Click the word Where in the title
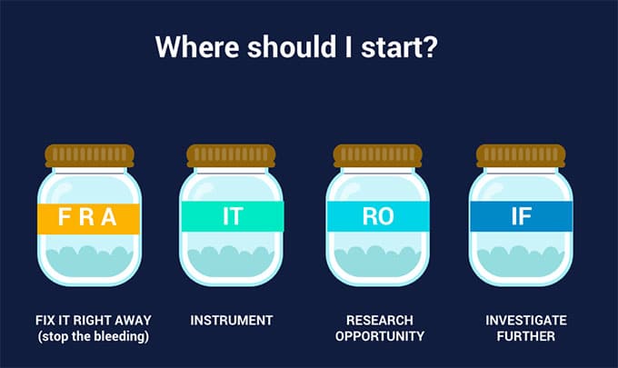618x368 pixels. tap(197, 47)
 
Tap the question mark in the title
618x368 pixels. tap(429, 47)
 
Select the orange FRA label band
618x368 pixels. tap(89, 219)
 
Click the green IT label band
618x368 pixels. tap(232, 216)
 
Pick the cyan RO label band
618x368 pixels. tap(378, 216)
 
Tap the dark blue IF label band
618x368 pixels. tap(521, 216)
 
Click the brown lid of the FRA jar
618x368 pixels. tap(89, 155)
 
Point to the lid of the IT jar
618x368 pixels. tap(232, 155)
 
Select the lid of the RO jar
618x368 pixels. tap(377, 155)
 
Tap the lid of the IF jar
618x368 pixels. tap(521, 155)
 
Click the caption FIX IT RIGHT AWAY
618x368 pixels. tap(94, 321)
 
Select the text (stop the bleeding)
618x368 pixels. tap(94, 336)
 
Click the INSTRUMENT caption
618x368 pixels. tap(232, 321)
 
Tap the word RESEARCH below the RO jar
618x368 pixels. tap(380, 321)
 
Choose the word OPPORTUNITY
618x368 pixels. tap(380, 336)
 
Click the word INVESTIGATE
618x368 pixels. tap(526, 321)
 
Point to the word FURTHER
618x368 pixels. tap(526, 336)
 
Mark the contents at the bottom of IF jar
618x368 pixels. tap(520, 261)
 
